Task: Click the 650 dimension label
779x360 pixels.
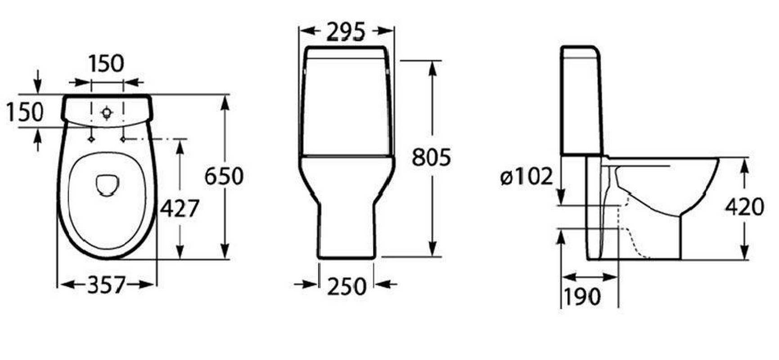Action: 224,176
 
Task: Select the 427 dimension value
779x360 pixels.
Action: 180,208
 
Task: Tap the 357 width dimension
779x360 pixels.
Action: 106,284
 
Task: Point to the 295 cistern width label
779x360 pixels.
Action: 346,31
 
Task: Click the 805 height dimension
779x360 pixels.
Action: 431,157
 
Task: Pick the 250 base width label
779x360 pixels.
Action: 347,286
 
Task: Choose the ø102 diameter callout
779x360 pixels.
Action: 526,176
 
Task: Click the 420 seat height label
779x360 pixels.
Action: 744,207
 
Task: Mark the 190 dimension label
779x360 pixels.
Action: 582,297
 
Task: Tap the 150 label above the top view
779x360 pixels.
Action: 106,63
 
